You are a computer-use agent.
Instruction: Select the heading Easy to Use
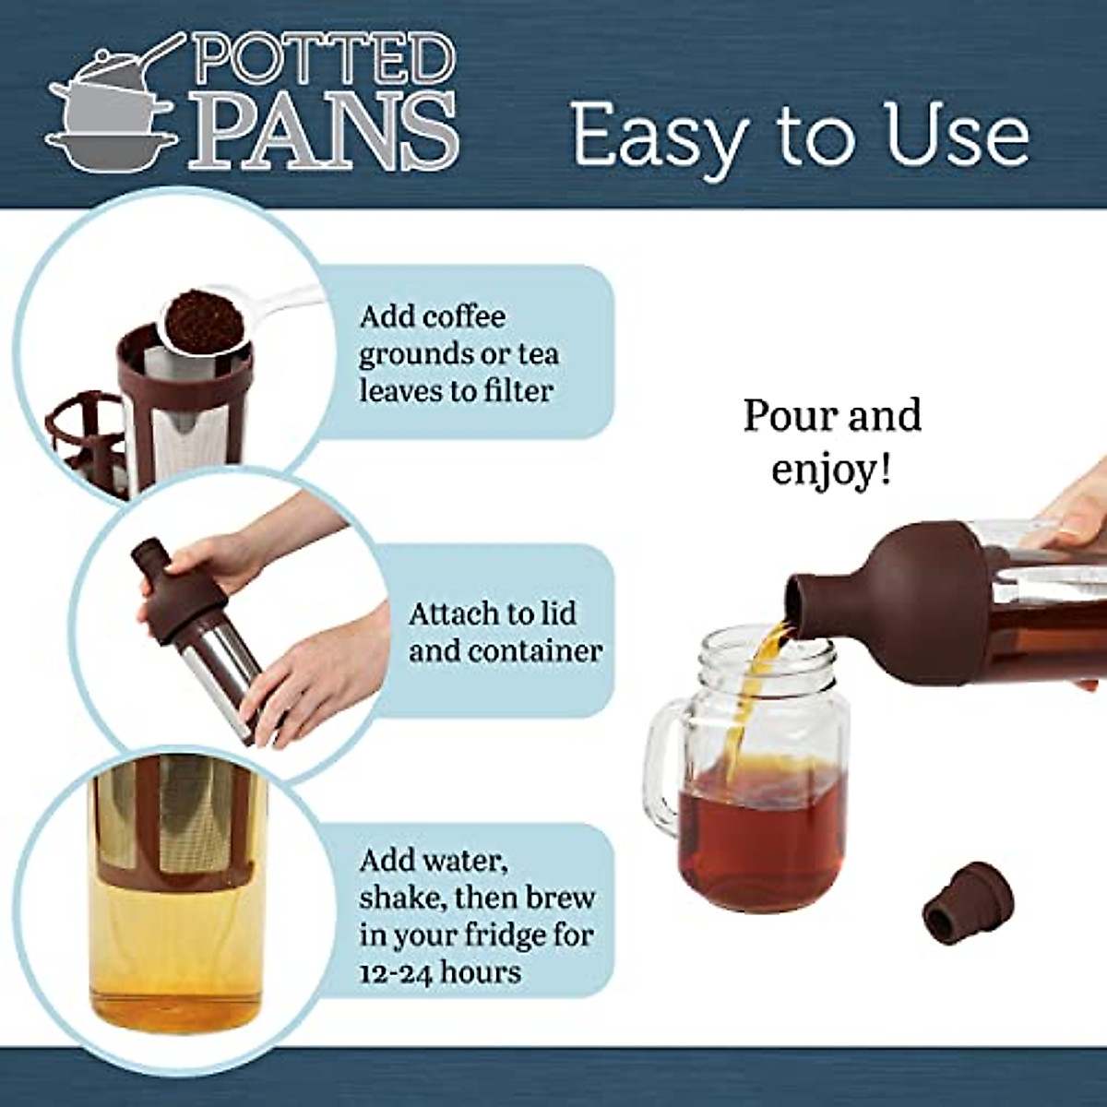800,135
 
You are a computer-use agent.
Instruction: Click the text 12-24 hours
440,971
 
